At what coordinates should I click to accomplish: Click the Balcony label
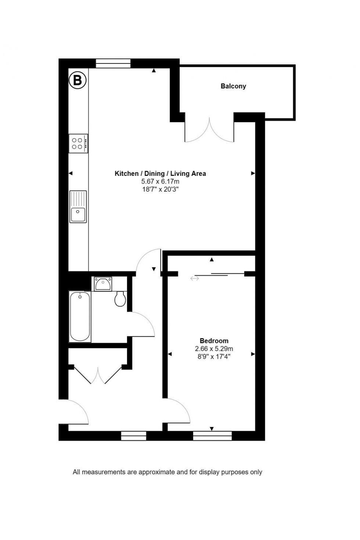233,86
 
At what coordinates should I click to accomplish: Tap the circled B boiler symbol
78,80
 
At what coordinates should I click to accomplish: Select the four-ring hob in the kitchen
78,143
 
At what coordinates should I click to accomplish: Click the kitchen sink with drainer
78,207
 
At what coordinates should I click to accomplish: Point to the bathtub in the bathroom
80,316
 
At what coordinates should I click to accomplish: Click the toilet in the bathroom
120,299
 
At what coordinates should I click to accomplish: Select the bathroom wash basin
103,284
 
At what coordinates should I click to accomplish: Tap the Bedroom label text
214,341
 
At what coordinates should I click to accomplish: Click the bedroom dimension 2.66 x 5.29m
214,349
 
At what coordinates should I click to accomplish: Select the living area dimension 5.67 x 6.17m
160,181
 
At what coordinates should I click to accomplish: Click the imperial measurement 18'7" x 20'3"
160,189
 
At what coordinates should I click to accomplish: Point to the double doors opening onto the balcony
209,130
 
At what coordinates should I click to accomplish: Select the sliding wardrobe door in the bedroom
219,274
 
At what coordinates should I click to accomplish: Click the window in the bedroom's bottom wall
212,436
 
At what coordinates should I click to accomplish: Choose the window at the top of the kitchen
113,64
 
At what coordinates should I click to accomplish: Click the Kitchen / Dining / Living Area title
160,174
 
